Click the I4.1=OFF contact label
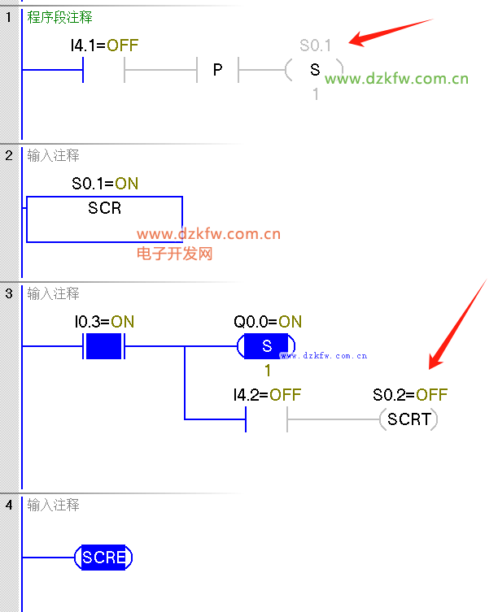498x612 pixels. pyautogui.click(x=104, y=46)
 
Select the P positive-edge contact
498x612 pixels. pyautogui.click(x=217, y=70)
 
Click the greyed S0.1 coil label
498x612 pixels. pyautogui.click(x=316, y=46)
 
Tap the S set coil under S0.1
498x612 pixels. pyautogui.click(x=315, y=70)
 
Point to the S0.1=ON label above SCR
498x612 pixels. pyautogui.click(x=105, y=184)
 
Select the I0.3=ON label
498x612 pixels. pyautogui.click(x=104, y=322)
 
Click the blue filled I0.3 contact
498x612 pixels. pyautogui.click(x=104, y=346)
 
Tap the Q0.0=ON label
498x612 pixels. pyautogui.click(x=267, y=322)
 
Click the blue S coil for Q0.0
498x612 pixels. pyautogui.click(x=266, y=346)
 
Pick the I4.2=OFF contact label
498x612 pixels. pyautogui.click(x=267, y=395)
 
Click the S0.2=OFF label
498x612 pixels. pyautogui.click(x=410, y=395)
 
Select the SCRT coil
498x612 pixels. pyautogui.click(x=408, y=419)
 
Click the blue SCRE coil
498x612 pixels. pyautogui.click(x=103, y=558)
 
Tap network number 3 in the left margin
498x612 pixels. pyautogui.click(x=8, y=293)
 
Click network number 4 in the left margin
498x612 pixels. pyautogui.click(x=8, y=505)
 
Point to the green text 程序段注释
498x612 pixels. pyautogui.click(x=60, y=17)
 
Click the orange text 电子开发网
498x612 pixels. pyautogui.click(x=174, y=254)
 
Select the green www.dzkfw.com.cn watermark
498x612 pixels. pyautogui.click(x=397, y=79)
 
